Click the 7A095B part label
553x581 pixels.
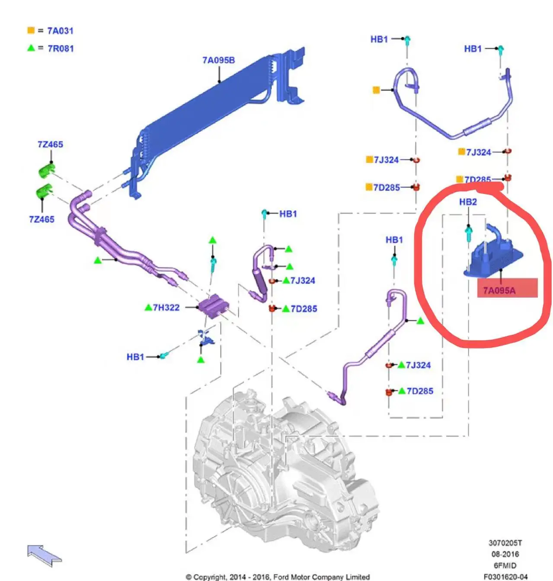click(218, 60)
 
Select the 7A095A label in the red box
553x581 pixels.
click(500, 290)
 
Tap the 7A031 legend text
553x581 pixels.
click(60, 31)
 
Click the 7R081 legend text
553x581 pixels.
click(61, 48)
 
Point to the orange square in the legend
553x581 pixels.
click(31, 30)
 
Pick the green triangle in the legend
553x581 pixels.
click(31, 48)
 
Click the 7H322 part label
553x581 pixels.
click(166, 308)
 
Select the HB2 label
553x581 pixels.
click(468, 202)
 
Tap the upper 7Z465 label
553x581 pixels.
click(50, 145)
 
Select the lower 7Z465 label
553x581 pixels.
click(42, 219)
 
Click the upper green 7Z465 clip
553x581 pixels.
click(46, 170)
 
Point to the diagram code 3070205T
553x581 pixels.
click(505, 543)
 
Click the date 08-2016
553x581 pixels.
click(505, 554)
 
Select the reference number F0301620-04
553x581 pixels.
click(505, 577)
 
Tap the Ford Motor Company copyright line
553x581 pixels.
click(278, 577)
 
